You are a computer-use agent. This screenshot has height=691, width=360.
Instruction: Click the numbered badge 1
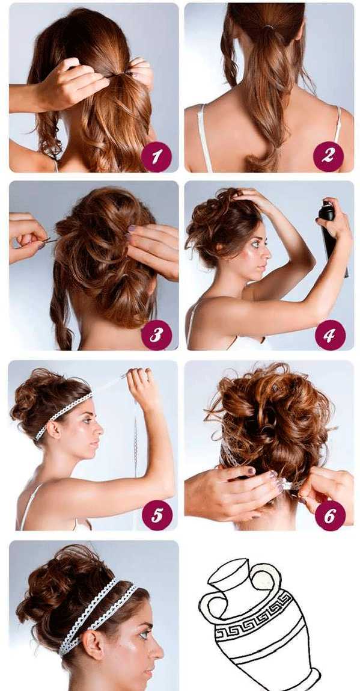pyautogui.click(x=156, y=156)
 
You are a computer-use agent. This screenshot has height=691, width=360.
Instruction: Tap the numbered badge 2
pyautogui.click(x=328, y=156)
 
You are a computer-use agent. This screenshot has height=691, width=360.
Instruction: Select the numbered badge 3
pyautogui.click(x=156, y=335)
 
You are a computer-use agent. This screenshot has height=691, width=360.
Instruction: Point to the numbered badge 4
pyautogui.click(x=330, y=335)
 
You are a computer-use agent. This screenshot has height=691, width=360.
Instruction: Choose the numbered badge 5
pyautogui.click(x=157, y=515)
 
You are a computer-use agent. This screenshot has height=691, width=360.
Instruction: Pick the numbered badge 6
pyautogui.click(x=330, y=515)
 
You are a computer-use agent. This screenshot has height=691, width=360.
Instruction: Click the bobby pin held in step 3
pyautogui.click(x=49, y=240)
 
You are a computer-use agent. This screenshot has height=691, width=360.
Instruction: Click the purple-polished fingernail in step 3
pyautogui.click(x=132, y=229)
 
